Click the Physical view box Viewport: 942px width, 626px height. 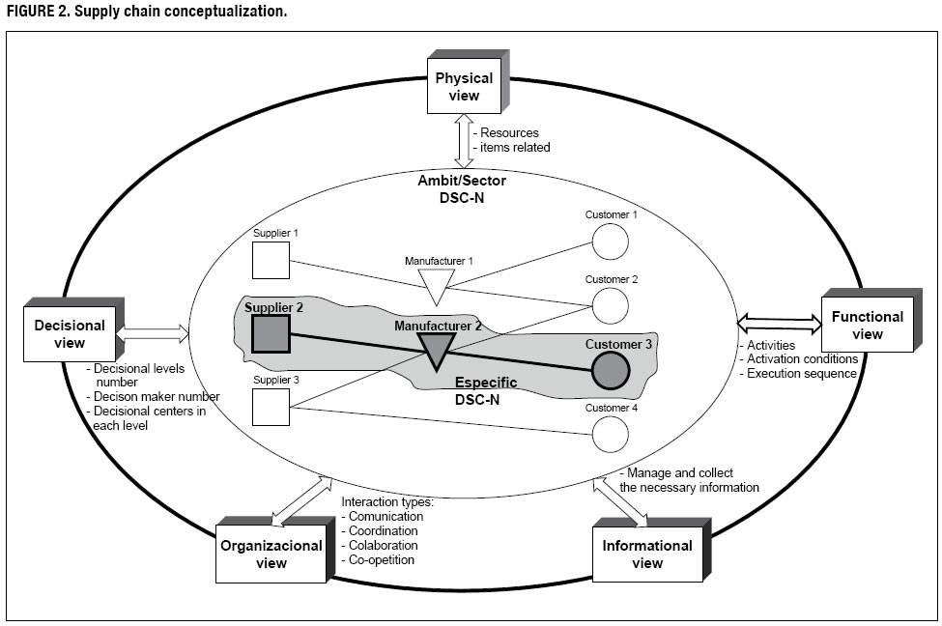pyautogui.click(x=464, y=88)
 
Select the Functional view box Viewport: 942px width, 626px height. pyautogui.click(x=867, y=325)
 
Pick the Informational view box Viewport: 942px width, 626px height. pyautogui.click(x=646, y=554)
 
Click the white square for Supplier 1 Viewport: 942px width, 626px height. pyautogui.click(x=271, y=260)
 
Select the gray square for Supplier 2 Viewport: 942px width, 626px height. pyautogui.click(x=271, y=333)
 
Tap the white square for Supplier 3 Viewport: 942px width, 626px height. pyautogui.click(x=271, y=407)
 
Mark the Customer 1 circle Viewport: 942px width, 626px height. pyautogui.click(x=610, y=242)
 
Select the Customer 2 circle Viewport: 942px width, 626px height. pyautogui.click(x=610, y=305)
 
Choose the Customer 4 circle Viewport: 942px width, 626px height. pyautogui.click(x=610, y=434)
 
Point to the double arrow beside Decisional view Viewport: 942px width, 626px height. pyautogui.click(x=153, y=334)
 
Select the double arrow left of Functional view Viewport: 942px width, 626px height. pyautogui.click(x=778, y=320)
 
